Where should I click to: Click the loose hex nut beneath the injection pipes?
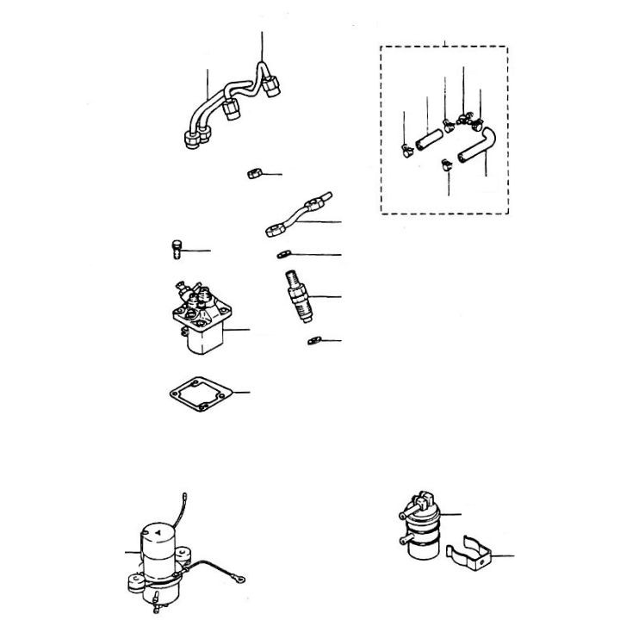pos(252,174)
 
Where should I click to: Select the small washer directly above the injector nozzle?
pos(283,254)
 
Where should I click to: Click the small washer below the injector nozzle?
pos(313,342)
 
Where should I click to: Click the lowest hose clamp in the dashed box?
pos(445,164)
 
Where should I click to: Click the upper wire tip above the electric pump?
pos(187,495)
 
